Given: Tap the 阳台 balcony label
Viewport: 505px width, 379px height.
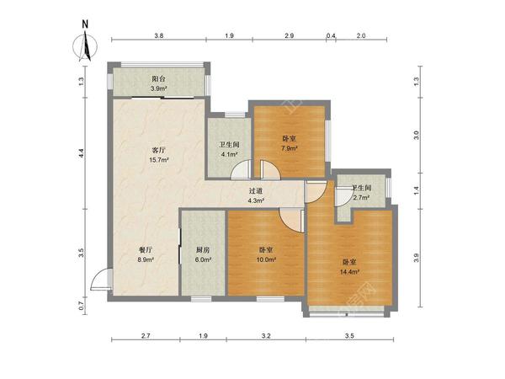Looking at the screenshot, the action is click(158, 79).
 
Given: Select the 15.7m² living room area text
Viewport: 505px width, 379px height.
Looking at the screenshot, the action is click(159, 160).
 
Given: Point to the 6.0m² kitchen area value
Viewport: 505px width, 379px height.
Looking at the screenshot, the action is click(203, 259).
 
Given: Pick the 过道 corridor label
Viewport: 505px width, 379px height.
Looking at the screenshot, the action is click(256, 191).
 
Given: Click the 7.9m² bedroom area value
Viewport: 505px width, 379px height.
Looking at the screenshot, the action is click(290, 148).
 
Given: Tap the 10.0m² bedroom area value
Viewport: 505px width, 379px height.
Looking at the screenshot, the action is click(266, 259).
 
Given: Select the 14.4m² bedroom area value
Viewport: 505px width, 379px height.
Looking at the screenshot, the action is click(349, 272).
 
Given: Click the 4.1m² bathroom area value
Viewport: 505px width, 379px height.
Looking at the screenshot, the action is click(229, 154).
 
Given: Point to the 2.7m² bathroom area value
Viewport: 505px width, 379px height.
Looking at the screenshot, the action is click(361, 198).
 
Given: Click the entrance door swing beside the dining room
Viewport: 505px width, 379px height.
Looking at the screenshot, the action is click(101, 280).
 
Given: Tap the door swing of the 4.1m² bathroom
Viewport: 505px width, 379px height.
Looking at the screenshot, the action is click(241, 169).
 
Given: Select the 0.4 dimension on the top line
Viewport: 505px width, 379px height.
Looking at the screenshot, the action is click(331, 36).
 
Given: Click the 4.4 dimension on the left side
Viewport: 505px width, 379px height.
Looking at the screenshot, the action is click(82, 152).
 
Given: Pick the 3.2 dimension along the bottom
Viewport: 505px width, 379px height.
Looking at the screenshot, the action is click(266, 336).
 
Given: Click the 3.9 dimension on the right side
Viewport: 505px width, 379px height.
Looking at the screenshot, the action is click(417, 258).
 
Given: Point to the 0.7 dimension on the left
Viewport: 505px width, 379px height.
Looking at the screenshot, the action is click(82, 305).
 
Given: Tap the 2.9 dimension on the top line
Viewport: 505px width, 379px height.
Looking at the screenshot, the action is click(290, 36).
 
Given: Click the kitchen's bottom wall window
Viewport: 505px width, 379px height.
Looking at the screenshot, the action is click(201, 299).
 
